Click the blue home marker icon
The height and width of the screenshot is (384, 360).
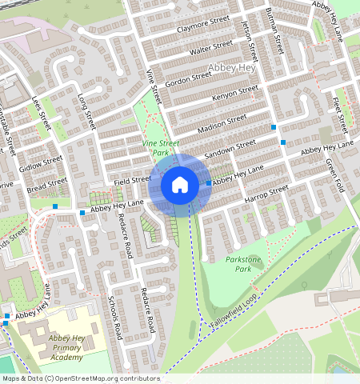click(x=180, y=185)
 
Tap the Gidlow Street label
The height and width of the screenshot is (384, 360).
click(x=41, y=165)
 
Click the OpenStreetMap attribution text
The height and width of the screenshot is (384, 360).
click(x=80, y=378)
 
